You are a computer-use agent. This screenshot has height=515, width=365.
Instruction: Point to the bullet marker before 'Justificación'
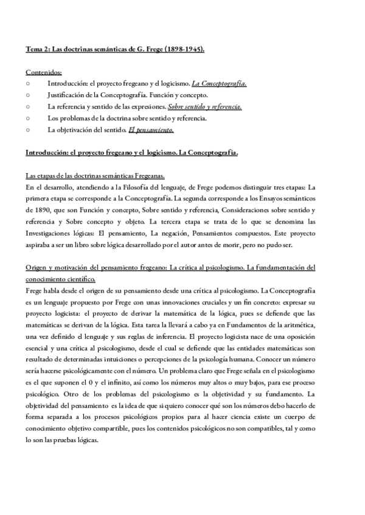tap(29, 95)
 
